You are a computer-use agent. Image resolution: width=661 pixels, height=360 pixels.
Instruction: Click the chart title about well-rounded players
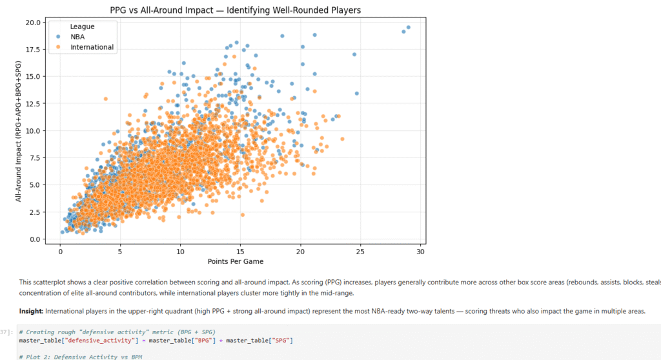click(235, 10)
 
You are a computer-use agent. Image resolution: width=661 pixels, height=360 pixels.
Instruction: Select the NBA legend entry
click(79, 37)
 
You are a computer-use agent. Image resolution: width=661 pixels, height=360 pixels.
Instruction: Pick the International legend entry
click(92, 47)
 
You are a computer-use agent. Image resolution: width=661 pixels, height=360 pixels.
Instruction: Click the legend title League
click(83, 26)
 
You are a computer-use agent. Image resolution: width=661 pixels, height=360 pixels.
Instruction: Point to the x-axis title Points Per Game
click(235, 261)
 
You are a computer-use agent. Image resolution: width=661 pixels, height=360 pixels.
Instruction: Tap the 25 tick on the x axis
click(360, 251)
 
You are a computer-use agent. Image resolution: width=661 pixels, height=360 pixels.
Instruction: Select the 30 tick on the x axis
click(420, 251)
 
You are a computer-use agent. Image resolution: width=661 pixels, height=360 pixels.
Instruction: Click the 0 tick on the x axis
click(60, 251)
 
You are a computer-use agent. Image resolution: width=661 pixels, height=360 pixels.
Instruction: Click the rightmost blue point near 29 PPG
click(409, 28)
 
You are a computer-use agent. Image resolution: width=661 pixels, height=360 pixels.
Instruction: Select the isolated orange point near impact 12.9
click(105, 99)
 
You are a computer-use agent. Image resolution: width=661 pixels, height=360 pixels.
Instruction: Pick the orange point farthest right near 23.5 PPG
click(342, 139)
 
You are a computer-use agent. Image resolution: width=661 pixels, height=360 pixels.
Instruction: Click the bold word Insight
click(31, 311)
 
